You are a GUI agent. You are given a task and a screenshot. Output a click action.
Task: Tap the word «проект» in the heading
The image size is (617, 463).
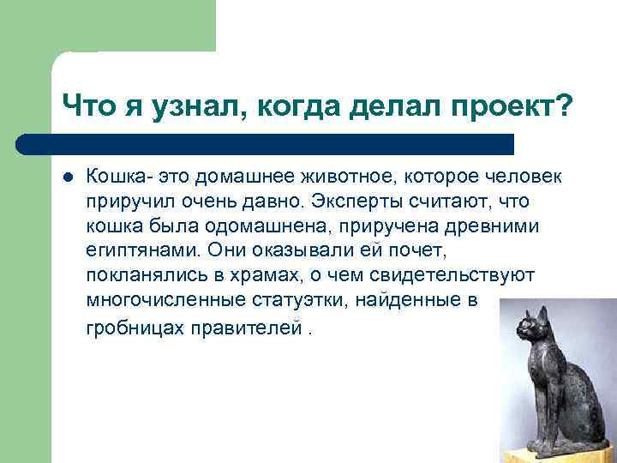tap(504, 106)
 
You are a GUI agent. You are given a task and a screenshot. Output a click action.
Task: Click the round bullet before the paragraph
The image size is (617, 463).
tap(68, 177)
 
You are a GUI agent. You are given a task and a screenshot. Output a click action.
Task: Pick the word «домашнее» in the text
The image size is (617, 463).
tap(245, 177)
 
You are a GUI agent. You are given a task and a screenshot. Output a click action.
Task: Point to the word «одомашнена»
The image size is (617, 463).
tap(266, 226)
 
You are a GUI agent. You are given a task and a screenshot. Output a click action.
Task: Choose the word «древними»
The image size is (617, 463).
tap(492, 226)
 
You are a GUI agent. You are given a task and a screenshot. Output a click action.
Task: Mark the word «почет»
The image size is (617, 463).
tap(417, 250)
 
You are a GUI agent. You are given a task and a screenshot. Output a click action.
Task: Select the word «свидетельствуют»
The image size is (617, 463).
tap(452, 275)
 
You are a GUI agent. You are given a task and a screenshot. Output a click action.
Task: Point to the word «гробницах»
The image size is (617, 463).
tap(135, 328)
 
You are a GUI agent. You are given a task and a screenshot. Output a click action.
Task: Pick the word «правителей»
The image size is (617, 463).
tap(247, 328)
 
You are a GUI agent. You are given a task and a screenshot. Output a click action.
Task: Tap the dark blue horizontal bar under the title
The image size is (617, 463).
tap(265, 145)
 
